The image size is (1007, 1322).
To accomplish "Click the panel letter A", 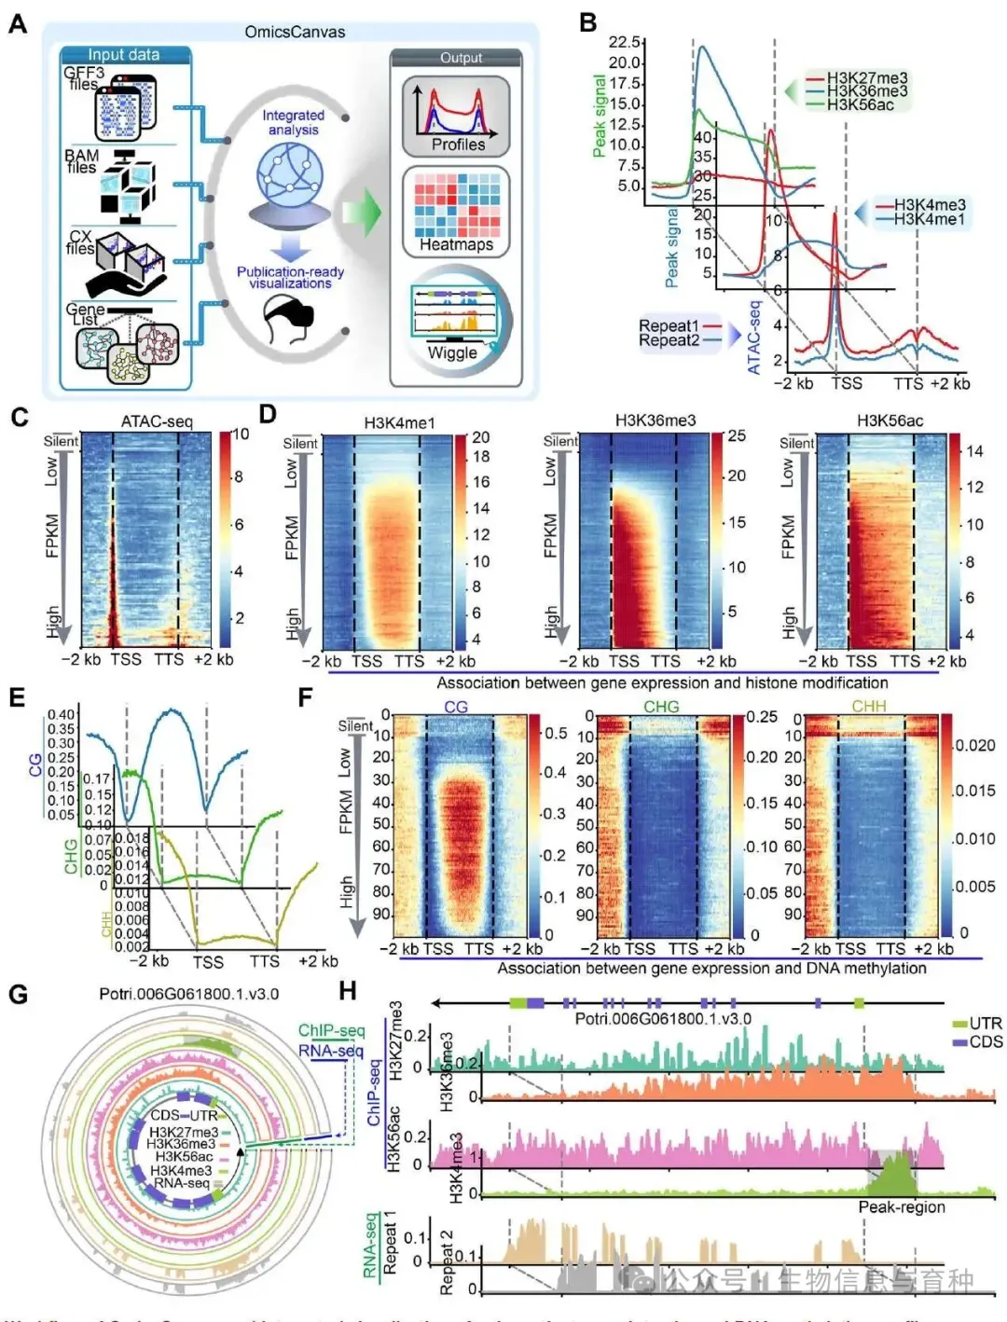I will tap(17, 24).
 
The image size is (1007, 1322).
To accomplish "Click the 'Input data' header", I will tap(124, 55).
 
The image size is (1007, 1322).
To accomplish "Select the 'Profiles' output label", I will tap(458, 145).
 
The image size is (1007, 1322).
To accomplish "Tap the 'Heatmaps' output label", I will tap(456, 244).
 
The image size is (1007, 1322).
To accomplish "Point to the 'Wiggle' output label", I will tap(452, 352).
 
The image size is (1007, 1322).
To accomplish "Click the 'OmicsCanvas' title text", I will tap(295, 32).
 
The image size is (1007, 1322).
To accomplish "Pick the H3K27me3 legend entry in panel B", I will tap(866, 78).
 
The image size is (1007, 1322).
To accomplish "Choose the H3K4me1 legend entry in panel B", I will tap(929, 219).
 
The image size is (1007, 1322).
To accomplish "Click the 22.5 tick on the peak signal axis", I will tap(624, 42).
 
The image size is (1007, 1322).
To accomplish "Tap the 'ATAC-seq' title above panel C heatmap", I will tap(157, 421).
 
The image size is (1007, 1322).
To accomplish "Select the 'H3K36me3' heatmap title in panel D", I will tap(655, 420).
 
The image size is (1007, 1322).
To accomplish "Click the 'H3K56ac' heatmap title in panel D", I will tap(890, 420).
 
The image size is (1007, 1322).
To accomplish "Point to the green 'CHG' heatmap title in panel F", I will tap(661, 707).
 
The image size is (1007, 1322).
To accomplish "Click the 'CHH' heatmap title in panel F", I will tap(869, 707).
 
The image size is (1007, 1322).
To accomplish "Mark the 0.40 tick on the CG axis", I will tap(62, 715).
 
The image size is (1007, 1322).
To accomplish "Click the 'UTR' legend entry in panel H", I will tap(985, 1023).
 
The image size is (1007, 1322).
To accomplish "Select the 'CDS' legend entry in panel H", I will tap(985, 1041).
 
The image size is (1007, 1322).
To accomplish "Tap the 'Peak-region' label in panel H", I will tap(902, 1207).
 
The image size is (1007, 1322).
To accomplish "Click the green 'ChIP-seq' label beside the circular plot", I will tap(331, 1030).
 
